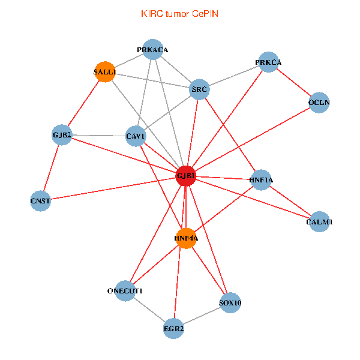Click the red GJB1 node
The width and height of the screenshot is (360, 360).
coord(186,176)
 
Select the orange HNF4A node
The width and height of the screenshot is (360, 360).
coord(187,238)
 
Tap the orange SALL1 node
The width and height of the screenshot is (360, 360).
coord(105,72)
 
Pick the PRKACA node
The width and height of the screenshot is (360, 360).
coord(152,50)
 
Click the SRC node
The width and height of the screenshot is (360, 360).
coord(199,90)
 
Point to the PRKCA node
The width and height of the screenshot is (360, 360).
coord(268,62)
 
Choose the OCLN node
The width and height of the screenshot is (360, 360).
coord(319,102)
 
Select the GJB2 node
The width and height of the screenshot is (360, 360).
coord(62,134)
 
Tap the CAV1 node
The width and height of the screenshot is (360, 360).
coord(136,136)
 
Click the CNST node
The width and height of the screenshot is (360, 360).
coord(40,200)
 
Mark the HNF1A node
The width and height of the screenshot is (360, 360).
coord(261,179)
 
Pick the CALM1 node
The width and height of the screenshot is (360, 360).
coord(319,221)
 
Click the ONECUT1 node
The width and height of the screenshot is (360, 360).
coord(125,291)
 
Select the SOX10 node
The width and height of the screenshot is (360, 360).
coord(230,302)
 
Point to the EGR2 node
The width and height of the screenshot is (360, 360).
coord(173,328)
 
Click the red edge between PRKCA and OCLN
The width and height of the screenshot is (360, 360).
coord(293,82)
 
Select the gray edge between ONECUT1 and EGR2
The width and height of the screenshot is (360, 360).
coord(149,310)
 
